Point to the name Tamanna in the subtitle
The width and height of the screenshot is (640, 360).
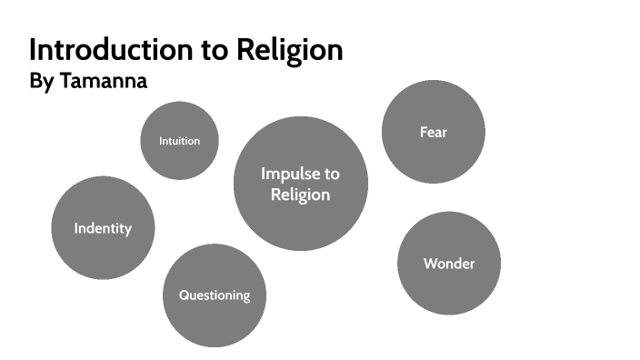coord(104,81)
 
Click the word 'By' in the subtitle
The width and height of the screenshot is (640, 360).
coord(42,81)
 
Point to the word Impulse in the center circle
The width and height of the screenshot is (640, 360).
coord(300,174)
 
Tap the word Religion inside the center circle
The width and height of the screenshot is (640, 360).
coord(300,194)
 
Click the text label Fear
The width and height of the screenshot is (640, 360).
coord(434,132)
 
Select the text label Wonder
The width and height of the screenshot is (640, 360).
coord(449,264)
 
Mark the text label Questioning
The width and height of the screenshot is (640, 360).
coord(215,295)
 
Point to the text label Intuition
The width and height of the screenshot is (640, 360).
coord(179,141)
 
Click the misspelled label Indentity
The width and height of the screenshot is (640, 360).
coord(103,228)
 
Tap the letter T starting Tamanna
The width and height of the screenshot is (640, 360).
coord(66,81)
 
